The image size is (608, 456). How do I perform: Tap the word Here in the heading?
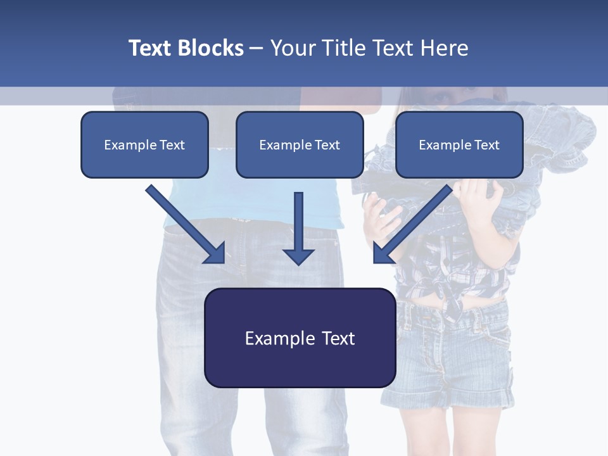(x=446, y=48)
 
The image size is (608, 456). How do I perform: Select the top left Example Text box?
(x=144, y=145)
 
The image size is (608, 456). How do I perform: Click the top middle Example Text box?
(x=300, y=145)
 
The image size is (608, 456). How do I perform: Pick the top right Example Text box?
(x=459, y=145)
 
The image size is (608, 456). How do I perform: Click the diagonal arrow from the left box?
(x=184, y=223)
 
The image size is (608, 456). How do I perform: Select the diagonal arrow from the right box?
(x=413, y=223)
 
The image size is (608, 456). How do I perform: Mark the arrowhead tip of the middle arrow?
(x=298, y=263)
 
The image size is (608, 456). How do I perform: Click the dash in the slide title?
(x=256, y=48)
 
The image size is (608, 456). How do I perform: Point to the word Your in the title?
(x=292, y=48)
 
